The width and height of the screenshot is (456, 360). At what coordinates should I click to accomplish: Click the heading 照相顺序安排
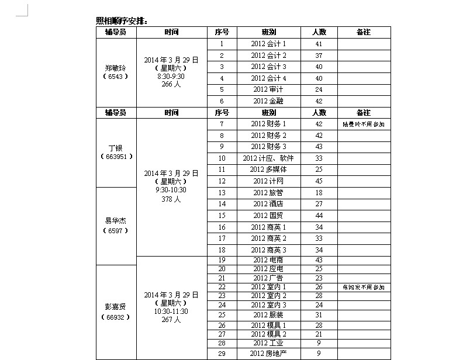pos(122,21)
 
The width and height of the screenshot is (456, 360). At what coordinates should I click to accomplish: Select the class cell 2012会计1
pos(268,44)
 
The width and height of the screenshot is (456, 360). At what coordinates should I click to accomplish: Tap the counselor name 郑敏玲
pos(115,67)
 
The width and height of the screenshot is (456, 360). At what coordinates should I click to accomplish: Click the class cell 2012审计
pos(268,89)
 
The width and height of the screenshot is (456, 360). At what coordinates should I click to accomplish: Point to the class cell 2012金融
pos(268,101)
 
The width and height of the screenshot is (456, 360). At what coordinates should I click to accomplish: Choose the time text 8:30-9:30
pos(171,76)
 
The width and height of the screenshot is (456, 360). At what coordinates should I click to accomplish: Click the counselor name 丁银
pos(115,148)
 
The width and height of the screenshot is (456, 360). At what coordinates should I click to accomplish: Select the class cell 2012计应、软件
pos(268,158)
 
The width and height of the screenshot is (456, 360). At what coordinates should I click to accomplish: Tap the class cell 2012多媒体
pos(268,169)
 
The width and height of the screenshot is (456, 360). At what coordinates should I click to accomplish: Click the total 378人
pos(171,199)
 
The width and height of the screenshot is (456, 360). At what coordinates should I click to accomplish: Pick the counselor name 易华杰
pos(115,221)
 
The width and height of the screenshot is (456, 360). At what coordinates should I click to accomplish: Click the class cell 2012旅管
pos(268,192)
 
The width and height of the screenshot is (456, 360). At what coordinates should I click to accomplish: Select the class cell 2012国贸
pos(268,216)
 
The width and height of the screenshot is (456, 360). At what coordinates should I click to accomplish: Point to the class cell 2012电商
pos(268,259)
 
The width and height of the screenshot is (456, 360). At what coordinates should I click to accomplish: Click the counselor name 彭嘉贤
pos(115,307)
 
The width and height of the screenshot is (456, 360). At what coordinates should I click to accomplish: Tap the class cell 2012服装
pos(268,315)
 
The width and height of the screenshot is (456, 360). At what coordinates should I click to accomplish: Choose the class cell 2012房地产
pos(268,354)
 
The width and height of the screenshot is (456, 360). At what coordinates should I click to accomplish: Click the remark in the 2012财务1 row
pos(364,124)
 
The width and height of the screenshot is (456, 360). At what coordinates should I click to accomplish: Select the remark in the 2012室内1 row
pos(364,288)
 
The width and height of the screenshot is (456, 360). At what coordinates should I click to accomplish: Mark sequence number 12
pos(222,181)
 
